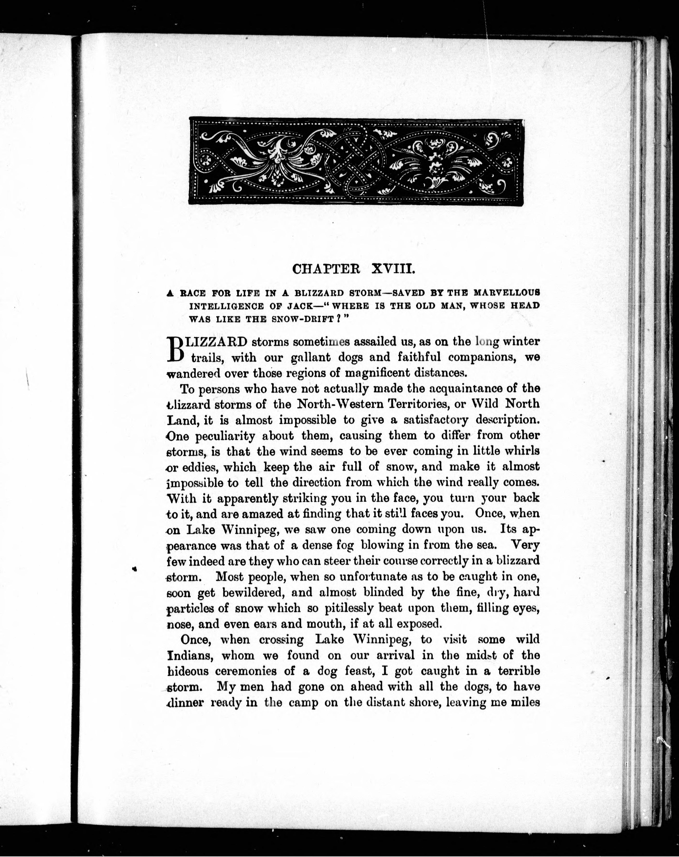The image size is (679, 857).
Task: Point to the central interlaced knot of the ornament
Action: click(355, 161)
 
